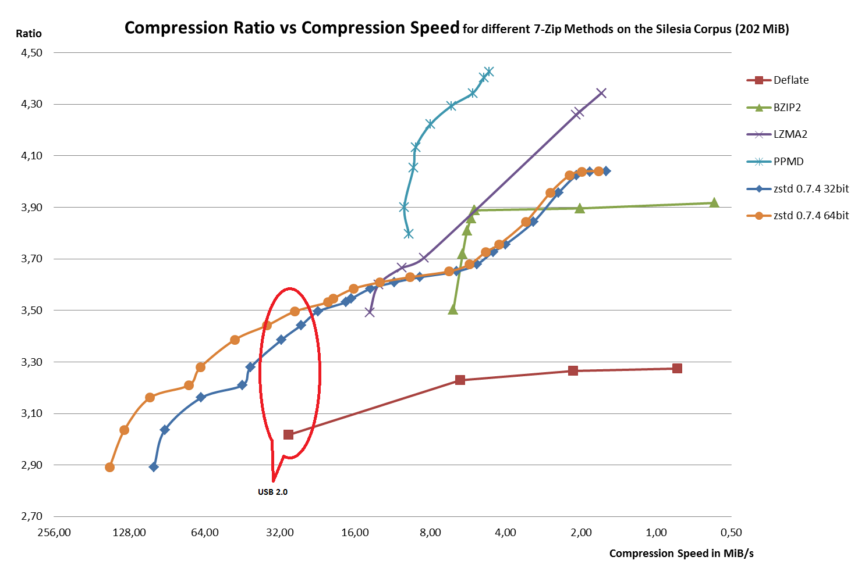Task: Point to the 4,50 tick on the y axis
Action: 31,53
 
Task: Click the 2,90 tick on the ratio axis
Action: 31,465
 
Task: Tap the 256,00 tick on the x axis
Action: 54,533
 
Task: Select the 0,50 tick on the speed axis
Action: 731,533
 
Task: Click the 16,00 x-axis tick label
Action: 355,533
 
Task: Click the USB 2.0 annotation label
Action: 272,492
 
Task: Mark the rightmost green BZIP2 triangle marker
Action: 714,202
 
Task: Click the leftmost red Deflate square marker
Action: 288,435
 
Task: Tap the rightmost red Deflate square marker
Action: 677,369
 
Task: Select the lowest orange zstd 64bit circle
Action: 109,467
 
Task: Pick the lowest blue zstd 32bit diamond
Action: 154,467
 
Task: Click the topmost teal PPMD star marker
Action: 489,72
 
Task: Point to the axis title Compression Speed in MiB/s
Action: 681,554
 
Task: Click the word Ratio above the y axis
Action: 29,34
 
